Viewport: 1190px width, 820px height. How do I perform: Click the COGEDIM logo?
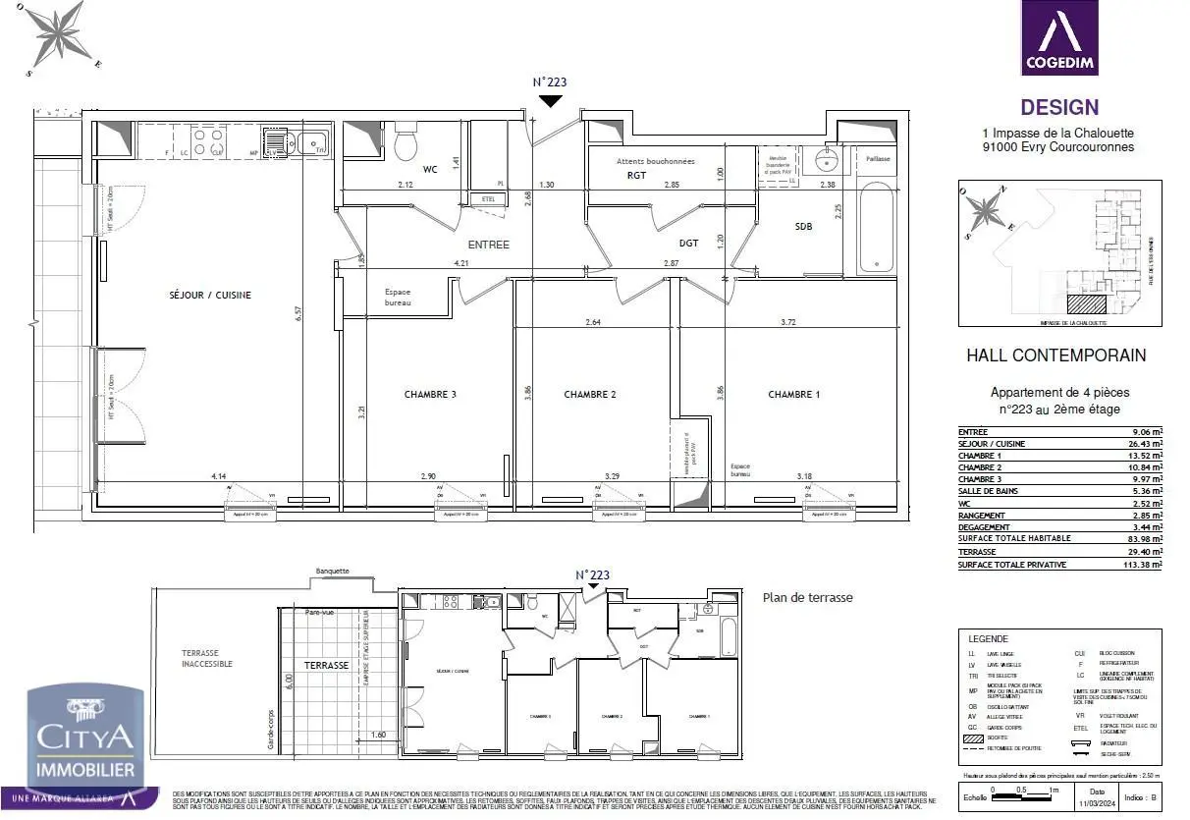[1059, 38]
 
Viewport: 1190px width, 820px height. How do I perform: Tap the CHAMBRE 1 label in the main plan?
[794, 395]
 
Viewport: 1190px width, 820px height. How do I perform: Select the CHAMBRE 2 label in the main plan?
[590, 395]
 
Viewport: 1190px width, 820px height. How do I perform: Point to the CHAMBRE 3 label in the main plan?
[430, 395]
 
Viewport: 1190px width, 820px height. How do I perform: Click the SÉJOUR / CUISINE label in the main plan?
[210, 295]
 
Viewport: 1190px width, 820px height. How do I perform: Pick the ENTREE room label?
[488, 245]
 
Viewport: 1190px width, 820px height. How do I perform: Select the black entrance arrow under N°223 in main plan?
[551, 100]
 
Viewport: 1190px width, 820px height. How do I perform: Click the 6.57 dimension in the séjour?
[298, 312]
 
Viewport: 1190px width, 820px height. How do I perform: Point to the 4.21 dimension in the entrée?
[461, 264]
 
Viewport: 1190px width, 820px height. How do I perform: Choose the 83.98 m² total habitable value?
[1143, 538]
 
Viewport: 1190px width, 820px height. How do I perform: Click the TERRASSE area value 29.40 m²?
[1143, 552]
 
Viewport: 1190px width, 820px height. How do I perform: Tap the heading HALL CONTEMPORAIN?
[1056, 355]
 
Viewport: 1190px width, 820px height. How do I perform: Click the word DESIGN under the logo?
[1059, 108]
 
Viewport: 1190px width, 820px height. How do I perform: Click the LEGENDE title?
[989, 638]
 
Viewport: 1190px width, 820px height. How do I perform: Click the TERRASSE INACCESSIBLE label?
[207, 658]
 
